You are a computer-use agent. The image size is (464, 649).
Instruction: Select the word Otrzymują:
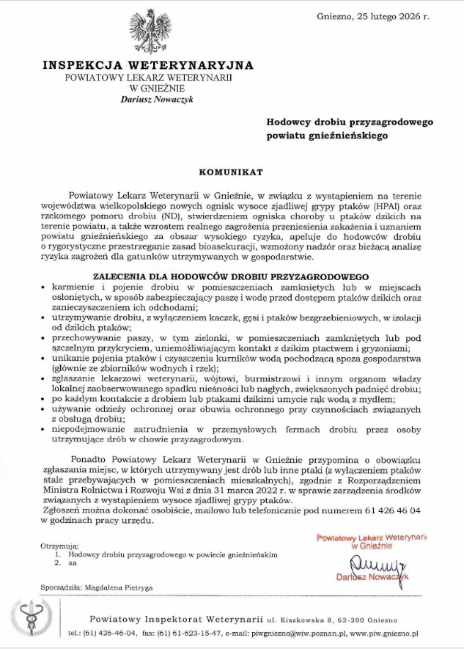point(59,546)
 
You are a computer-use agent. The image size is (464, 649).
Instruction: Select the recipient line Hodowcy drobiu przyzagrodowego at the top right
point(350,122)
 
